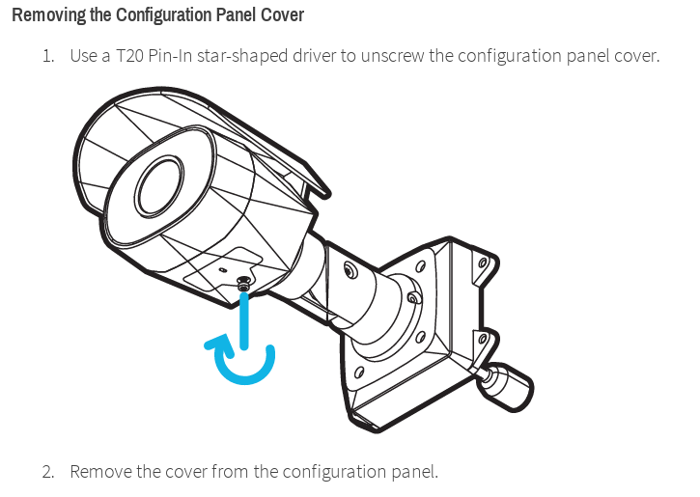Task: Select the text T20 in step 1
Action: [x=129, y=56]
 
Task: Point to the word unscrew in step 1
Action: [x=392, y=56]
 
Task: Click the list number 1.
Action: [x=48, y=56]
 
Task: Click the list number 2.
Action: [x=48, y=472]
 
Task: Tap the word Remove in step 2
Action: [x=101, y=472]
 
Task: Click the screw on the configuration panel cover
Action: [x=243, y=284]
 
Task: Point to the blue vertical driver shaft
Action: [x=243, y=320]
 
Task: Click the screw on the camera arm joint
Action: [x=350, y=269]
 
